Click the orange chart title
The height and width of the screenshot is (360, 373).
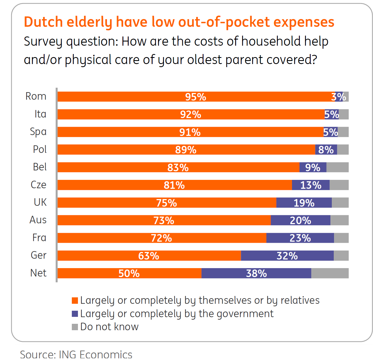(179, 22)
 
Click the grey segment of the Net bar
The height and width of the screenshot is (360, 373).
(330, 273)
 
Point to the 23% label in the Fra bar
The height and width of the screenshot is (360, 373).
(300, 238)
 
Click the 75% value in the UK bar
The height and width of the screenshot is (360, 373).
(166, 203)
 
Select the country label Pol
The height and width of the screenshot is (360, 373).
(40, 150)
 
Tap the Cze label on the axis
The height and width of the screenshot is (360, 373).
(38, 185)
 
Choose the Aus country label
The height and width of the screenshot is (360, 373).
(38, 220)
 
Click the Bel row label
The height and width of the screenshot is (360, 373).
(40, 167)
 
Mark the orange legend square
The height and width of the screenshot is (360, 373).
(75, 300)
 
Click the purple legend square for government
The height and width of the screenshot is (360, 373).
(75, 314)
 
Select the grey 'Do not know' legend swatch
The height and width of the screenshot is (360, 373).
(75, 327)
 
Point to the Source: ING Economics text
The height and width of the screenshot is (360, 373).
(76, 354)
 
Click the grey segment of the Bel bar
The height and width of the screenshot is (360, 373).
(337, 167)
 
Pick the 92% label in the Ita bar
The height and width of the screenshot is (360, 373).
(191, 114)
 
